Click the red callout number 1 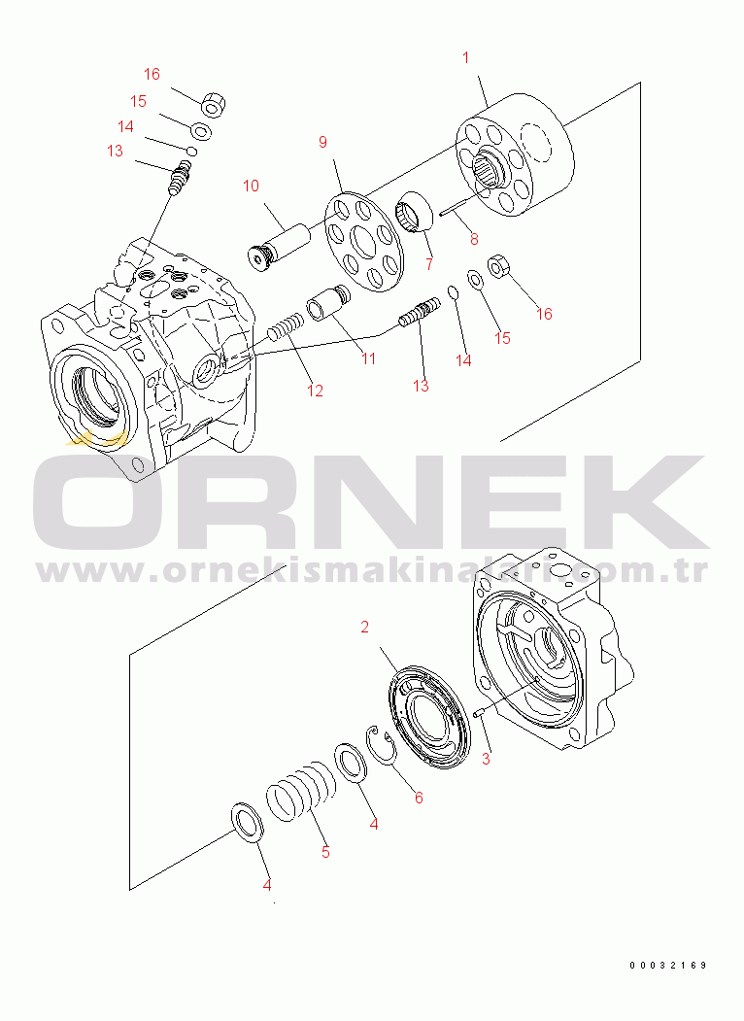click(x=466, y=58)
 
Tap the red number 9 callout click(x=322, y=142)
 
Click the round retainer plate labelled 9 click(x=364, y=242)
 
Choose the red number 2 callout click(x=364, y=627)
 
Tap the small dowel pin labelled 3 click(x=479, y=714)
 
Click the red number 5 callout click(x=325, y=852)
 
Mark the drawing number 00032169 click(x=668, y=965)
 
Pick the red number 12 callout click(x=315, y=391)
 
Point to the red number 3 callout click(x=486, y=760)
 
